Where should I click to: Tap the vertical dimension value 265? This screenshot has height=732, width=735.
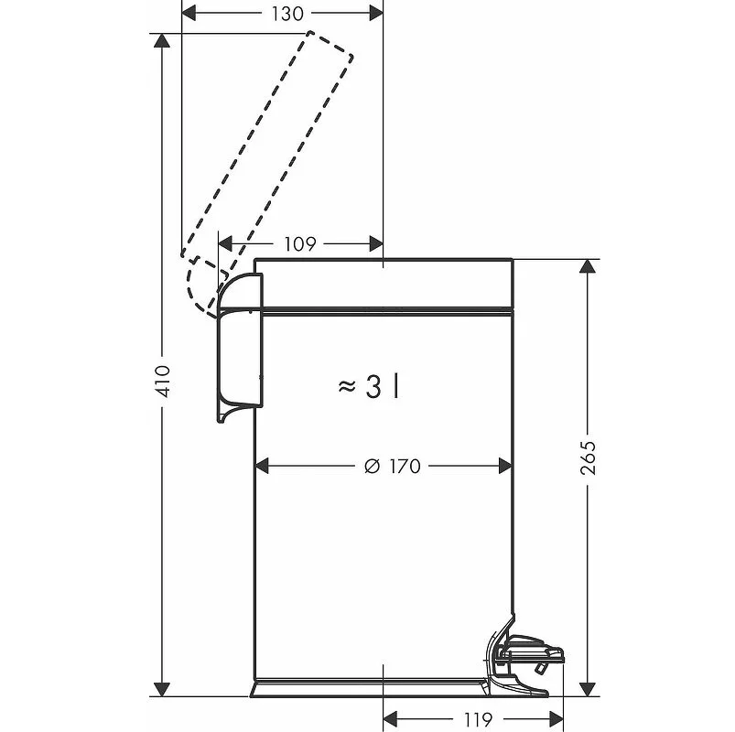click(x=588, y=457)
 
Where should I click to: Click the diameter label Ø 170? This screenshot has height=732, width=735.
click(x=392, y=467)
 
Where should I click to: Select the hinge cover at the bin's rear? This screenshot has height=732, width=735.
click(x=240, y=348)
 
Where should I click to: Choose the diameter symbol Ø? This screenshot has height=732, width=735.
click(x=371, y=467)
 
